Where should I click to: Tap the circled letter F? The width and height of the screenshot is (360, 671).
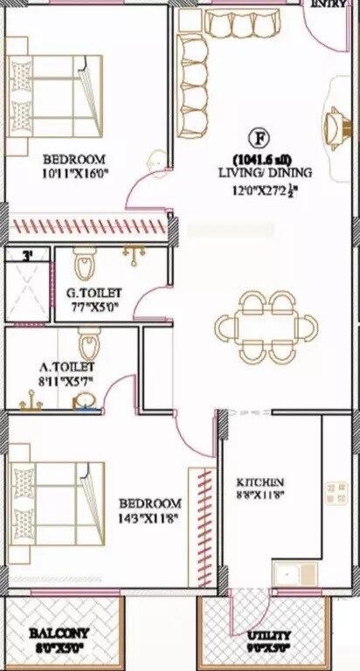pyautogui.click(x=258, y=138)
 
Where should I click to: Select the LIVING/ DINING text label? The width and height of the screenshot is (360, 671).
pyautogui.click(x=265, y=173)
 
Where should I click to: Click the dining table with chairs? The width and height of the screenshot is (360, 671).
pyautogui.click(x=267, y=328)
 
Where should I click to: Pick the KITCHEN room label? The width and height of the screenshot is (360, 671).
pyautogui.click(x=261, y=481)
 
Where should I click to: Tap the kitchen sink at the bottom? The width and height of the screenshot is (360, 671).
pyautogui.click(x=295, y=573)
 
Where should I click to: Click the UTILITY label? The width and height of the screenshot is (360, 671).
pyautogui.click(x=269, y=635)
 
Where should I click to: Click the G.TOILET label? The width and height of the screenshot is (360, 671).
pyautogui.click(x=93, y=293)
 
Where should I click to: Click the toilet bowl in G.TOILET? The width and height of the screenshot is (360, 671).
pyautogui.click(x=85, y=262)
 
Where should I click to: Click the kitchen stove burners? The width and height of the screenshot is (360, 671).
pyautogui.click(x=336, y=496)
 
